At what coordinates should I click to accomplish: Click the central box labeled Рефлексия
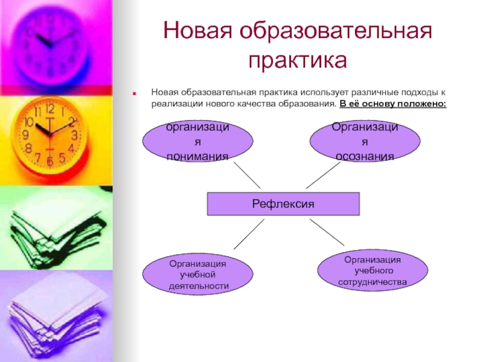283,204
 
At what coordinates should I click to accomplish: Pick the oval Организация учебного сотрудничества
373,270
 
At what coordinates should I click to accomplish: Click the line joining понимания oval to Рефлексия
247,176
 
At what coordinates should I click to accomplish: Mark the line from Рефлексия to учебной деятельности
249,233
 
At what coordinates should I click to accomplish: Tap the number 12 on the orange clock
50,109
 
